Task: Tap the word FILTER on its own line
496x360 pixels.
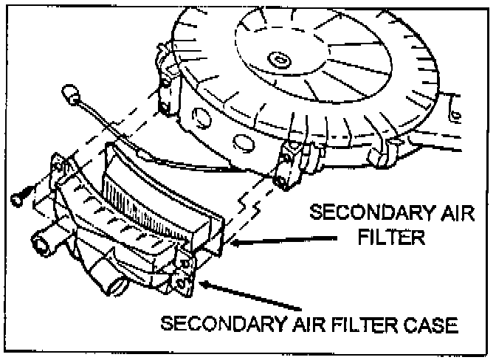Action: click(393, 238)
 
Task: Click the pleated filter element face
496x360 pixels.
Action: click(148, 195)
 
